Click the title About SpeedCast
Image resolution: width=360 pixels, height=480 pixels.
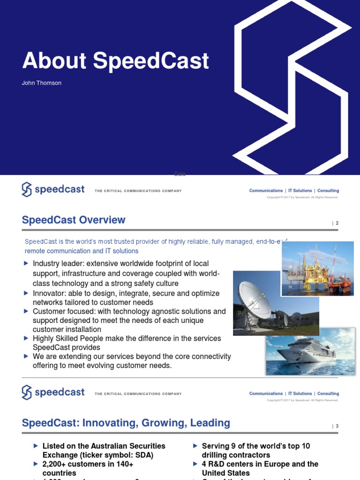[x=115, y=61]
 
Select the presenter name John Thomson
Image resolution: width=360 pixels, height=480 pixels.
[x=42, y=83]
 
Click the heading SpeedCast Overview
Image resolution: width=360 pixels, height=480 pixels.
[x=74, y=220]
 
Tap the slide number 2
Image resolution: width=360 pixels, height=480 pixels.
[x=337, y=223]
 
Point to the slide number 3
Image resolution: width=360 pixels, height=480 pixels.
[x=337, y=426]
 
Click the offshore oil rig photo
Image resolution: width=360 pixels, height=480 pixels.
[x=317, y=268]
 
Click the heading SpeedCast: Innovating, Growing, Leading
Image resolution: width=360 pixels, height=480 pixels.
[x=126, y=423]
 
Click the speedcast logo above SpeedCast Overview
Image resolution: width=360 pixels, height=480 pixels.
[x=53, y=189]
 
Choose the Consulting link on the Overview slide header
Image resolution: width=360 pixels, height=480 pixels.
[x=328, y=191]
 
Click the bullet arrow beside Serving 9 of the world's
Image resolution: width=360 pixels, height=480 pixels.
[x=195, y=446]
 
